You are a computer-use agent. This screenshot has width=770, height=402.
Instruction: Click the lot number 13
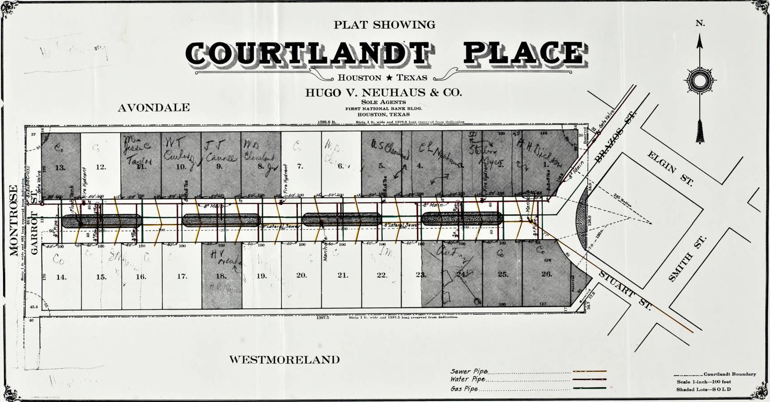[x=60, y=167]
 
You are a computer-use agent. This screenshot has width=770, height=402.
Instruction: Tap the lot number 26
[x=547, y=274]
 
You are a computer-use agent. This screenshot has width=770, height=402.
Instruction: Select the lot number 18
[x=221, y=276]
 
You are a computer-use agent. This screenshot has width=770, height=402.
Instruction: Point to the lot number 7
[x=300, y=166]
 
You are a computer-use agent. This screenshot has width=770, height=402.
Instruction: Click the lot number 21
[x=342, y=275]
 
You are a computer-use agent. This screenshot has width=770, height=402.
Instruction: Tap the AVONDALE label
[x=154, y=108]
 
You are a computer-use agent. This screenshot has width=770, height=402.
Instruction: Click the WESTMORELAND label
[x=284, y=360]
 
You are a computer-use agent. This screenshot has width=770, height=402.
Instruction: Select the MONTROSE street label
[x=14, y=221]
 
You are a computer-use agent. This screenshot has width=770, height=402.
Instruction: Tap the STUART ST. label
[x=625, y=290]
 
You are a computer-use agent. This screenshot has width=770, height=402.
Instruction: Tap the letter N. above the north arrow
[x=700, y=23]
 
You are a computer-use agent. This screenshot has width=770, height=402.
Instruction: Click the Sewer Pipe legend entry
[x=469, y=371]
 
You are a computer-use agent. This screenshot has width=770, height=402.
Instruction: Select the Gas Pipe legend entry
[x=464, y=389]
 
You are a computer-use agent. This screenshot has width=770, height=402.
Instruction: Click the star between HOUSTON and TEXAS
[x=389, y=78]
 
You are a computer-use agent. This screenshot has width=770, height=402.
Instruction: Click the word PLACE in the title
[x=524, y=54]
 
